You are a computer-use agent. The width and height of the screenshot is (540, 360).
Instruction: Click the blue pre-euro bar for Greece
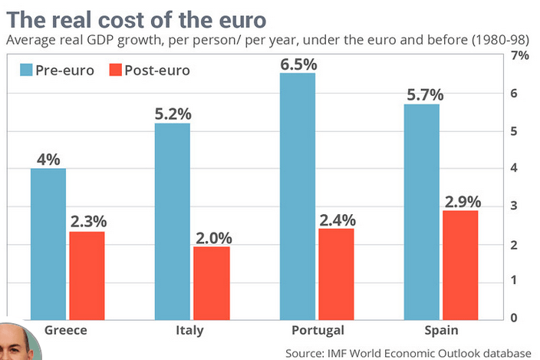[x=48, y=243]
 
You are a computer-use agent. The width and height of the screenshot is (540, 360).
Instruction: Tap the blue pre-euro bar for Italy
[x=172, y=220]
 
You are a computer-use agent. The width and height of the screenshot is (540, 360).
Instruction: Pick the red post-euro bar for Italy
[x=210, y=282]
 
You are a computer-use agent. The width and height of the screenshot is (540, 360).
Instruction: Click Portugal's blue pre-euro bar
[x=298, y=196]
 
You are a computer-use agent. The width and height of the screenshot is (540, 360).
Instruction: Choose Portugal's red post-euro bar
[x=336, y=273]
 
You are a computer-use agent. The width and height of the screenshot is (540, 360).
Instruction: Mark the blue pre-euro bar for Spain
[x=421, y=211]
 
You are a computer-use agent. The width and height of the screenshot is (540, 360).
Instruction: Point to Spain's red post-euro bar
[x=459, y=264]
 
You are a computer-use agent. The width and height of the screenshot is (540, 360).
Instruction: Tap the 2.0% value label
[x=210, y=237]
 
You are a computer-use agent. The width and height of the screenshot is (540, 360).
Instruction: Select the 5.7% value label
[x=421, y=95]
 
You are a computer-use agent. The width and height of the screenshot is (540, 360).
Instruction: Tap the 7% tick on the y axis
[x=520, y=56]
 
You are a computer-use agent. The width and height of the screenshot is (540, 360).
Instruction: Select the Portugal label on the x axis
[x=317, y=331]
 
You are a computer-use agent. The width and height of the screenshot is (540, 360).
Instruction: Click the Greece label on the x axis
[x=66, y=331]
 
